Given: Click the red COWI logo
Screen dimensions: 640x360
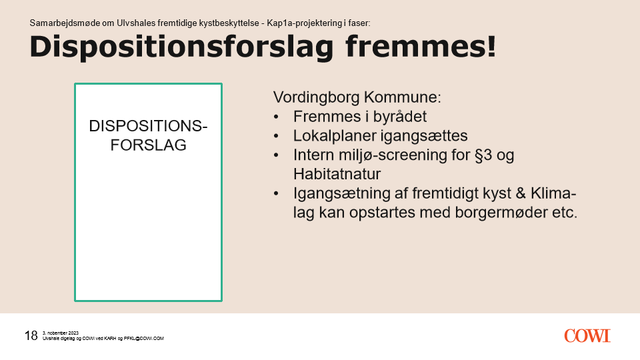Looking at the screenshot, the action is (x=587, y=336).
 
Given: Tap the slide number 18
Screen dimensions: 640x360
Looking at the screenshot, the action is (x=31, y=335).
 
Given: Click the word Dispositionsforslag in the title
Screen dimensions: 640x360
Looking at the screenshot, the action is (x=181, y=47).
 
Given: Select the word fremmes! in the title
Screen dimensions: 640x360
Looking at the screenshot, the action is (x=421, y=46).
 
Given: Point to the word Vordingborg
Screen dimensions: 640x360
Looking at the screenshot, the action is (x=316, y=98).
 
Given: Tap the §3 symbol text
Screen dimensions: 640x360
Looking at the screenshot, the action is (x=483, y=155).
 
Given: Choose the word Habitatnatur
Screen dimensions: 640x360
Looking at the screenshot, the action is (x=337, y=174).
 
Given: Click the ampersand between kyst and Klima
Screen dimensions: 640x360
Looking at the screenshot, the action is (x=521, y=193).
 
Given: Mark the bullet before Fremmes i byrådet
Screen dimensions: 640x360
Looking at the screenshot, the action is (x=276, y=117).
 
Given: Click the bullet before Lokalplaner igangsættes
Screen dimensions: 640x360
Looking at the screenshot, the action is (x=276, y=136).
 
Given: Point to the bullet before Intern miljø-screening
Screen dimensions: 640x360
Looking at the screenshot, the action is (x=276, y=155).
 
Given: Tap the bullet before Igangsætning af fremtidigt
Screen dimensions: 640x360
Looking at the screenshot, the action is (x=276, y=194).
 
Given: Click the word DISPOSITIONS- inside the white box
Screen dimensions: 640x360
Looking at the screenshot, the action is (x=148, y=126).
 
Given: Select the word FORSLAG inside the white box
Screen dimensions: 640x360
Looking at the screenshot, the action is (x=148, y=145).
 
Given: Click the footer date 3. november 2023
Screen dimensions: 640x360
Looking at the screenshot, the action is (x=61, y=333).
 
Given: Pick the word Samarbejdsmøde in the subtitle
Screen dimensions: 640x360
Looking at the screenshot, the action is (x=65, y=23).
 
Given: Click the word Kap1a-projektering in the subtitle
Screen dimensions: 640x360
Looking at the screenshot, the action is (x=305, y=23).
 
